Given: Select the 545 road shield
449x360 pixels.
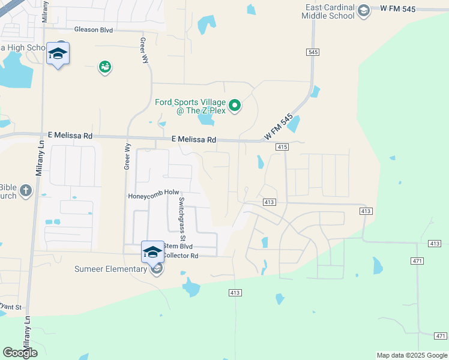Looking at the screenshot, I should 312,52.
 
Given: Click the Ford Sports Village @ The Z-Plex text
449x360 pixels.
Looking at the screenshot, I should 189,106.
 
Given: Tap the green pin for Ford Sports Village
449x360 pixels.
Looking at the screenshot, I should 235,106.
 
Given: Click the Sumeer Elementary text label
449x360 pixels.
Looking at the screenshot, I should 111,269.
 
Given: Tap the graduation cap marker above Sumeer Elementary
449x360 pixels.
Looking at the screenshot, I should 152,252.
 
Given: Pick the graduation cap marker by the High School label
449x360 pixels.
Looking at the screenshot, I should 58,54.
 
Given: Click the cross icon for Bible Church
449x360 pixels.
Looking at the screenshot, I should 25,191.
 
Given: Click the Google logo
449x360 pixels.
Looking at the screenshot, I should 20,353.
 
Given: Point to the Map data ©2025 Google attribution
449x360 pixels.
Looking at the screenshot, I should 411,355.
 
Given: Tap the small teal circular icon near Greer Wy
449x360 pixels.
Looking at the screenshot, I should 105,67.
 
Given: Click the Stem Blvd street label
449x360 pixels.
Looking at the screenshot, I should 179,246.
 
